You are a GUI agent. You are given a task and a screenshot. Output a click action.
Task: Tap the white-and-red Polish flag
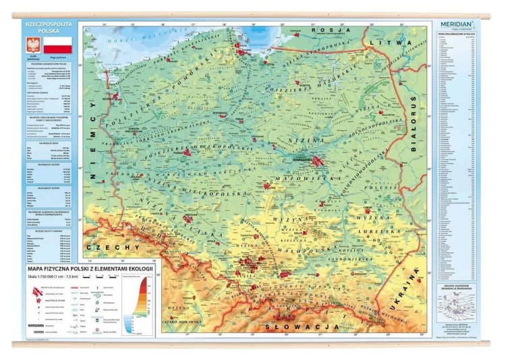pos(58,46)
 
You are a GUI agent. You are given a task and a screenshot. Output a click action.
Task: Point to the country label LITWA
pos(399,42)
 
